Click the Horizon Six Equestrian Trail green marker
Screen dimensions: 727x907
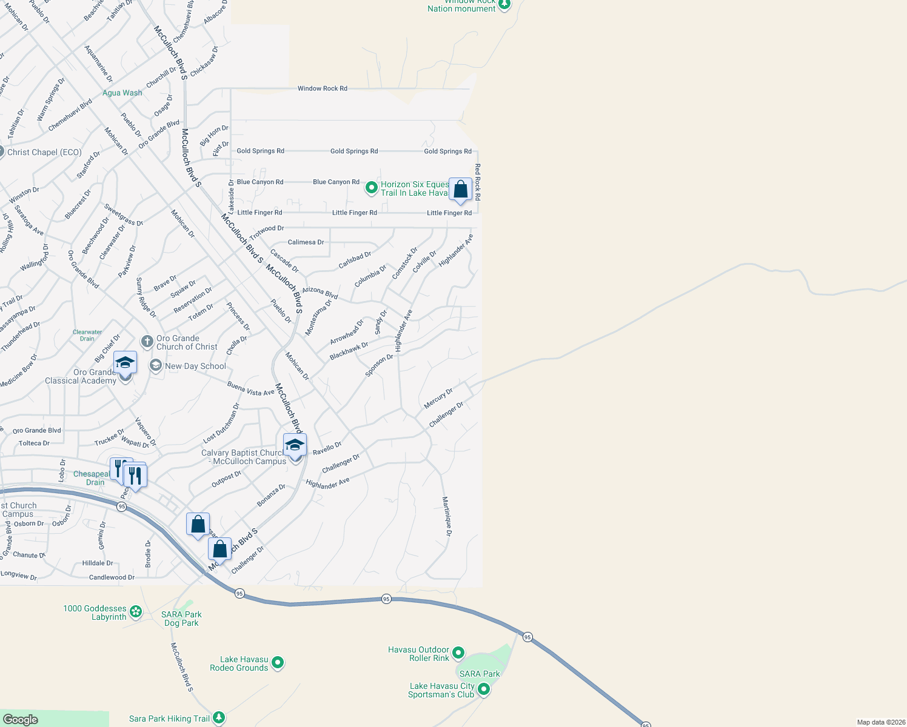pos(371,188)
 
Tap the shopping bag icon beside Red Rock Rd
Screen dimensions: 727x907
pos(460,190)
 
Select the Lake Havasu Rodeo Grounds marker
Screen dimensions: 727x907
pos(278,663)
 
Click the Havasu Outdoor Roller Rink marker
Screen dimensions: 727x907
pos(458,653)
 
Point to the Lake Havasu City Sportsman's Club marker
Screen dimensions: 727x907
pos(484,689)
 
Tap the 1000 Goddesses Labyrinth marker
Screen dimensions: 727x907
pos(136,612)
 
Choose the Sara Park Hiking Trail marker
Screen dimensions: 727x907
pos(219,719)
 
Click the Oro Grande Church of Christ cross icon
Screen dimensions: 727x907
pos(147,342)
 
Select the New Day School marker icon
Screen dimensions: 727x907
pos(156,366)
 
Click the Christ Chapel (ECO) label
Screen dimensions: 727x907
pos(44,152)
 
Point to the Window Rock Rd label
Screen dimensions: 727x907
pos(322,88)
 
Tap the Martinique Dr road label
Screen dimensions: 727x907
pos(447,516)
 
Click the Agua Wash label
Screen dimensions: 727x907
pos(122,93)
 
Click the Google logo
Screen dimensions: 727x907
pos(21,719)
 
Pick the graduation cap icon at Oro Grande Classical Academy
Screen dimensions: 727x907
pos(125,362)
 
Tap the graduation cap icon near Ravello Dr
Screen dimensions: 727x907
pos(295,445)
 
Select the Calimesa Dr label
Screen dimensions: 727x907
pos(306,242)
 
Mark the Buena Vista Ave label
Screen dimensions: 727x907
pos(250,389)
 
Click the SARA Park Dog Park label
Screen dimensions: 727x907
pos(181,619)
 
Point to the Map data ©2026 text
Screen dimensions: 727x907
pos(880,722)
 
